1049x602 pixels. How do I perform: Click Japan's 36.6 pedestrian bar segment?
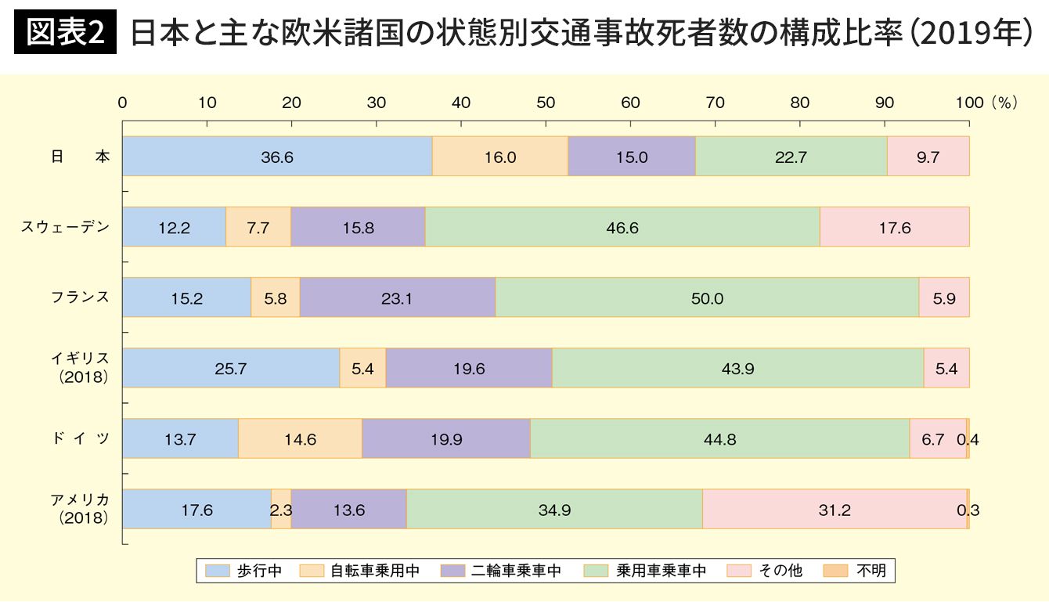pos(277,157)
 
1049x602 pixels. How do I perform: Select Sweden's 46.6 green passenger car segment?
pos(622,227)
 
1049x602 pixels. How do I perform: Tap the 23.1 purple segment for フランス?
pos(398,297)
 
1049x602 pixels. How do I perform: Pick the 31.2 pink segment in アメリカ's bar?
pos(835,510)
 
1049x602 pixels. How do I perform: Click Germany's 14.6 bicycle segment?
pos(300,439)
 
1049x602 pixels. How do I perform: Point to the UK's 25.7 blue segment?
pos(231,368)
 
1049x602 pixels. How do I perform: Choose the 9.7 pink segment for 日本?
pos(928,157)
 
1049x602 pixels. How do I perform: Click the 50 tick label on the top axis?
pos(546,103)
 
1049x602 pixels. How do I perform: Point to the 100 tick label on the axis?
pos(969,103)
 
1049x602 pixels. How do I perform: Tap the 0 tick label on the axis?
pos(123,103)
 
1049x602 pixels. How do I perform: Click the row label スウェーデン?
pos(66,227)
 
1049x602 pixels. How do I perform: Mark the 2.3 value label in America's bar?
pos(281,510)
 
